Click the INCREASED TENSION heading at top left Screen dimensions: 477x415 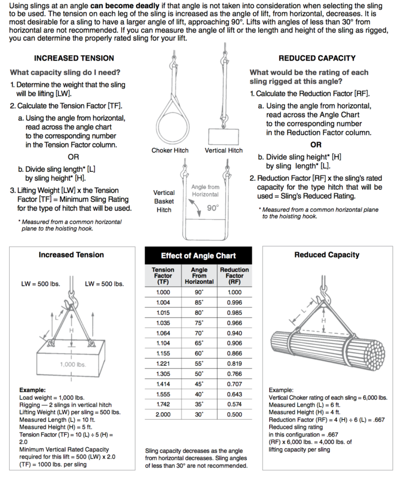(x=74, y=58)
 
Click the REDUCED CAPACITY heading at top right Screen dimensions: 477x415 (x=317, y=58)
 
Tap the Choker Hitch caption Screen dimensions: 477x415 (x=170, y=150)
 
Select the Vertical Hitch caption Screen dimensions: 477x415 (x=223, y=150)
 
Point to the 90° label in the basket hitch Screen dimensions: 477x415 (x=213, y=207)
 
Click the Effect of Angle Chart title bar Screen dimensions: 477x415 (x=198, y=256)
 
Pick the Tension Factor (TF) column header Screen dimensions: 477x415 (x=163, y=276)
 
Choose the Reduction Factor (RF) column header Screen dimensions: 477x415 (x=234, y=276)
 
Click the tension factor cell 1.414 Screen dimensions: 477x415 (x=163, y=384)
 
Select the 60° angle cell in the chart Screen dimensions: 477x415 (x=199, y=353)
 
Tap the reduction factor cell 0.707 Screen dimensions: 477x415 (x=234, y=384)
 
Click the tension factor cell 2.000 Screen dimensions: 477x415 (x=163, y=414)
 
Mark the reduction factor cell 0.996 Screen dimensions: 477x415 (x=234, y=303)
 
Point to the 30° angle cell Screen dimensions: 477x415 (x=199, y=414)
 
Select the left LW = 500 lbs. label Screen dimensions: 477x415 (x=41, y=284)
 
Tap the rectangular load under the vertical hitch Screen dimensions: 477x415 (x=223, y=135)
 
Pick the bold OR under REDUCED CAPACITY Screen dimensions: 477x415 (x=316, y=145)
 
